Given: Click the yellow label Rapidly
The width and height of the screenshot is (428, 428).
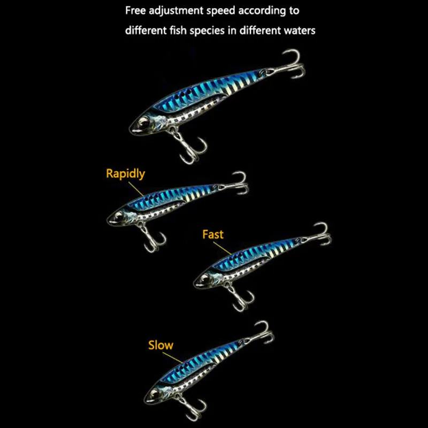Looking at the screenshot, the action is click(125, 174).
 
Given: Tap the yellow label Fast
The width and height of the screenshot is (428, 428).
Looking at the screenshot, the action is click(213, 234).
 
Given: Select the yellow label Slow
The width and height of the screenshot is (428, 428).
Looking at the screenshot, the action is click(160, 345).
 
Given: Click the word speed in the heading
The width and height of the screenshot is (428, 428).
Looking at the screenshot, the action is click(220, 11).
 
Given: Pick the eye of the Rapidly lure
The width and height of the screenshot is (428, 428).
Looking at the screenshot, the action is click(118, 216).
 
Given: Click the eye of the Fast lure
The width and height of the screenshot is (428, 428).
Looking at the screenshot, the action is click(205, 278).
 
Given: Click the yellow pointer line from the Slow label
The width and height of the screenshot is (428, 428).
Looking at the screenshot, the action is click(172, 357).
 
